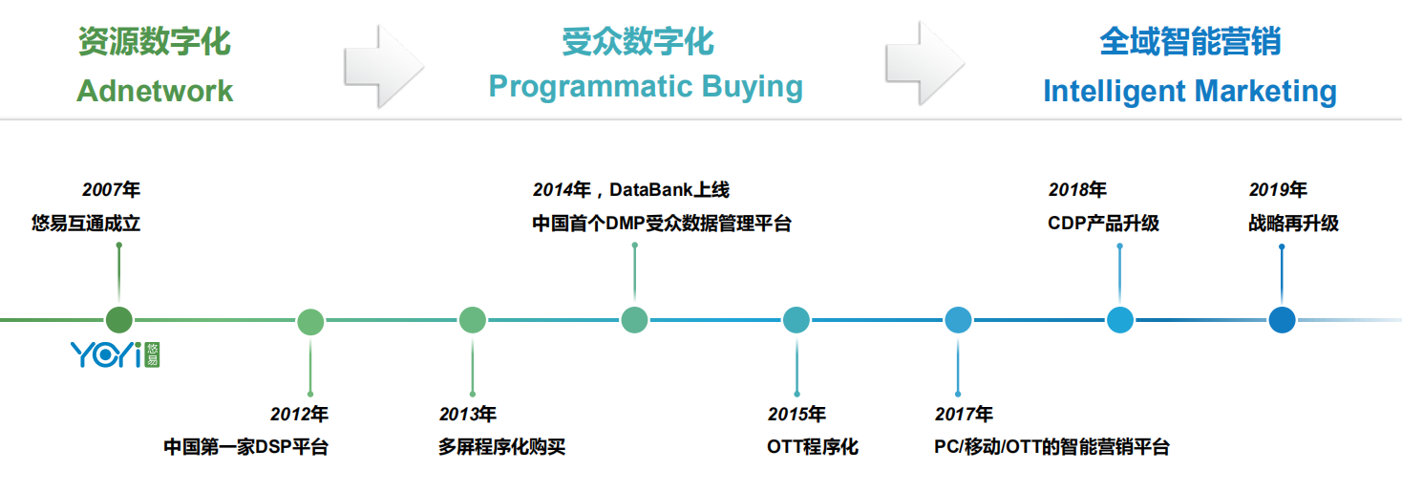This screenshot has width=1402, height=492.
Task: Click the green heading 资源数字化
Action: coord(155,42)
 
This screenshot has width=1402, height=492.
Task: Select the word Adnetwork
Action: coord(155,91)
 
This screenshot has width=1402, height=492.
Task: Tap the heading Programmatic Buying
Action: coord(646,87)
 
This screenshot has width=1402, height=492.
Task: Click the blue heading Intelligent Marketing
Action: coord(1190,92)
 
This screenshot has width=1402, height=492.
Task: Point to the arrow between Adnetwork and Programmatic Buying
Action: coord(384,66)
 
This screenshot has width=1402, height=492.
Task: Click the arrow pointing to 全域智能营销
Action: coord(925,63)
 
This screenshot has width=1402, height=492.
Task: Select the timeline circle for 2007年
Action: coord(119,320)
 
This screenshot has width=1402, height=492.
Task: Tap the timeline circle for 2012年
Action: coord(310,322)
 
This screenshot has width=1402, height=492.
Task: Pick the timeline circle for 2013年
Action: coord(473,320)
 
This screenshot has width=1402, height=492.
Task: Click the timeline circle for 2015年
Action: coord(797,320)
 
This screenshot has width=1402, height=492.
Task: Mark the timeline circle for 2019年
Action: coord(1282,320)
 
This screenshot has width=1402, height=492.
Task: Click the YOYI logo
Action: coord(116,354)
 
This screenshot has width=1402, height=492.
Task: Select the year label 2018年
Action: coord(1077,190)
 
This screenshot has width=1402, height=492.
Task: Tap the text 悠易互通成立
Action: coord(86,223)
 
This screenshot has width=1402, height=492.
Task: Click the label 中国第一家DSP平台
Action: coord(246,447)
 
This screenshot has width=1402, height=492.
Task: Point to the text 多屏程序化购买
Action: coord(502,447)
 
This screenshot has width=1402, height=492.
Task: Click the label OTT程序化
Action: coord(813,447)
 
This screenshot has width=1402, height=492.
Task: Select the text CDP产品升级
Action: coord(1103,223)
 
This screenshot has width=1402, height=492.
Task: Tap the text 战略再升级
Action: coord(1293,223)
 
